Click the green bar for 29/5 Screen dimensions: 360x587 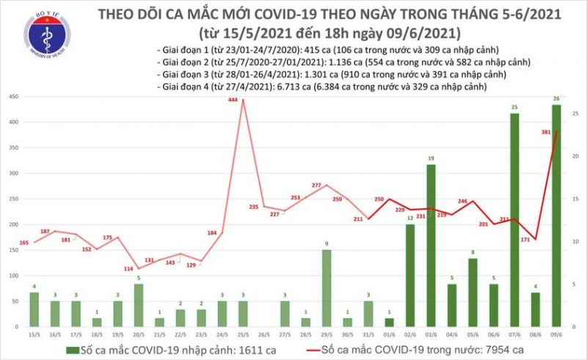(327, 287)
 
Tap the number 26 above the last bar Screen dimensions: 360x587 (557, 100)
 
